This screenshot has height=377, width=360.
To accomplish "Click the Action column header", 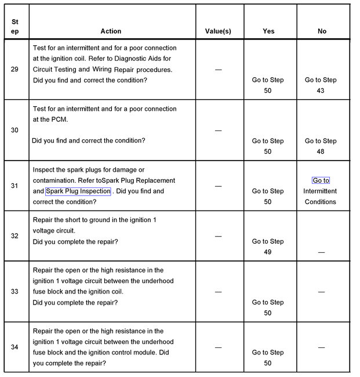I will pos(111,31).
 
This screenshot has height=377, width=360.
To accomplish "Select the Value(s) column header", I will pos(218,31).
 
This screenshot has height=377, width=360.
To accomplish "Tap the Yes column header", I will pos(268,31).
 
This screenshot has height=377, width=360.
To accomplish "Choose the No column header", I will pos(322,31).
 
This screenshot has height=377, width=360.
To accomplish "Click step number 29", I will pos(14,70).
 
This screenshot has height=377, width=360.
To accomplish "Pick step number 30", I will pos(14,130).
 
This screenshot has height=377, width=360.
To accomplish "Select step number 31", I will pos(14,186).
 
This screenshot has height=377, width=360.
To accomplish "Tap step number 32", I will pos(14,236).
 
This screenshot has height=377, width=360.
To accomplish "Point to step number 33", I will pos(14,291).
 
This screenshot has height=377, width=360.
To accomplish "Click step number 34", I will pos(14,347).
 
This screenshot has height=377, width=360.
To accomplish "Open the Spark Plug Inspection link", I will pos(78,191).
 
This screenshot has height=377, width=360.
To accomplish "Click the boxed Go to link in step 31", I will pos(321,181).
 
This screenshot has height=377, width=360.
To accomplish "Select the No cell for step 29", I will pos(321,85).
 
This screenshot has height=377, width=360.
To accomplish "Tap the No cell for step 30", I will pos(321,146).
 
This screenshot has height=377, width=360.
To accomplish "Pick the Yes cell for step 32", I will pos(268,246).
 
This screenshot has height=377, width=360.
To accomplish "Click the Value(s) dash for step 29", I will pos(218,70).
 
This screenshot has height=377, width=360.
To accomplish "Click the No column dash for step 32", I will pos(321,252).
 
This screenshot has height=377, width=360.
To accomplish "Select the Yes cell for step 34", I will pos(268,357).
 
